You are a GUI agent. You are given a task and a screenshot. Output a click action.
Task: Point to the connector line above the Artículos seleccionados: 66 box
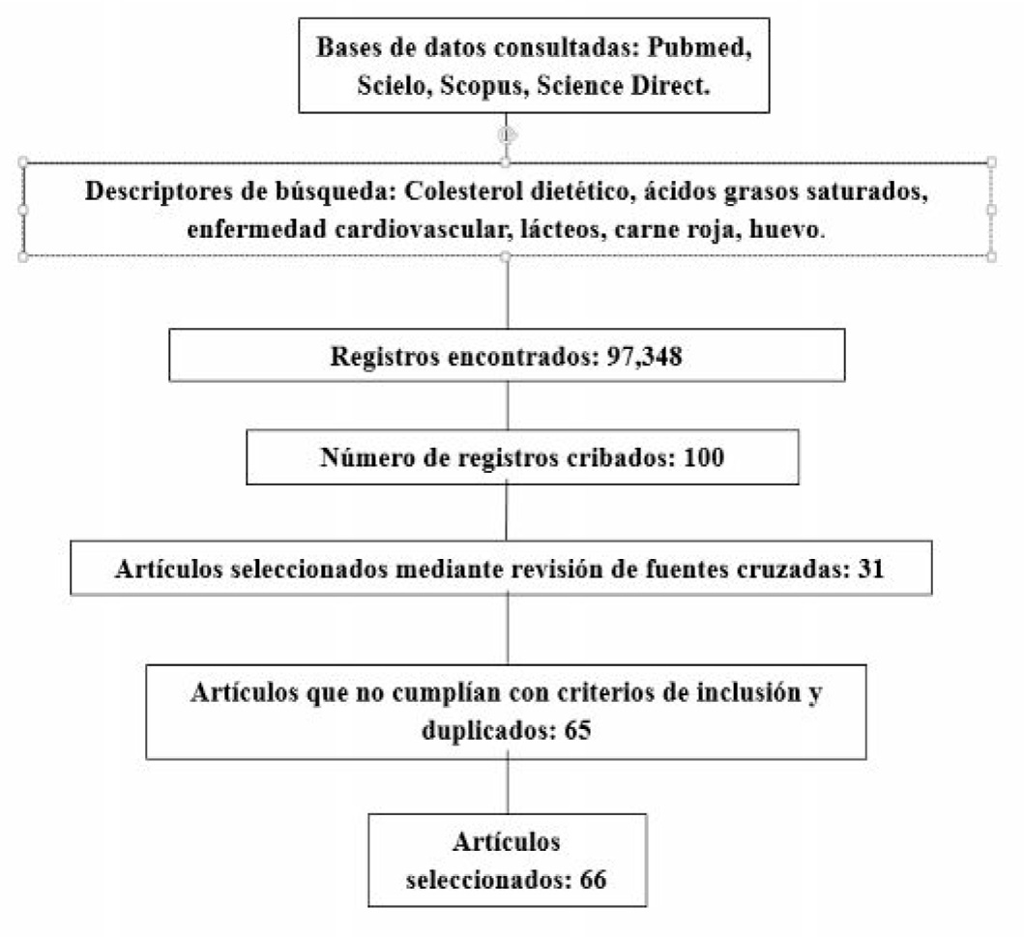[x=507, y=785]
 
